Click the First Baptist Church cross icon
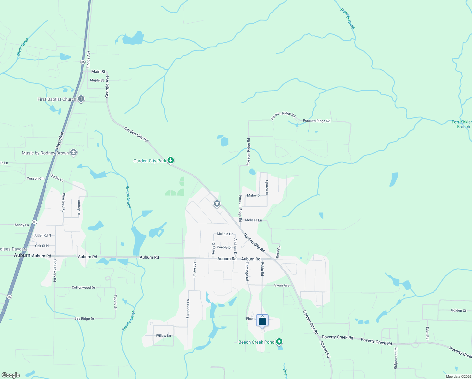(x=81, y=99)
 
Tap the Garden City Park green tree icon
(x=171, y=161)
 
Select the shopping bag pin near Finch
(x=263, y=321)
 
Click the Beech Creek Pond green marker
(x=279, y=342)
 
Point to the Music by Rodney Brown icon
(x=74, y=153)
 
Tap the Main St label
(x=98, y=72)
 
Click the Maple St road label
(x=97, y=80)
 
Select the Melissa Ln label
(x=253, y=220)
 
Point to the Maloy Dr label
(x=254, y=196)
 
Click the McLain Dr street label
(x=225, y=234)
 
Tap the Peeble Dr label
(x=224, y=247)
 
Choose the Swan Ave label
(x=282, y=286)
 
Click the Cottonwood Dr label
(x=83, y=288)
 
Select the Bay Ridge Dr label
(x=84, y=319)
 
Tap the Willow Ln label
(x=163, y=336)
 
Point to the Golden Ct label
(x=458, y=310)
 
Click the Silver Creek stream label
(x=23, y=47)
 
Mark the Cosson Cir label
(x=35, y=178)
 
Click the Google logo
(x=11, y=375)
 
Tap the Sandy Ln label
(x=22, y=225)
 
